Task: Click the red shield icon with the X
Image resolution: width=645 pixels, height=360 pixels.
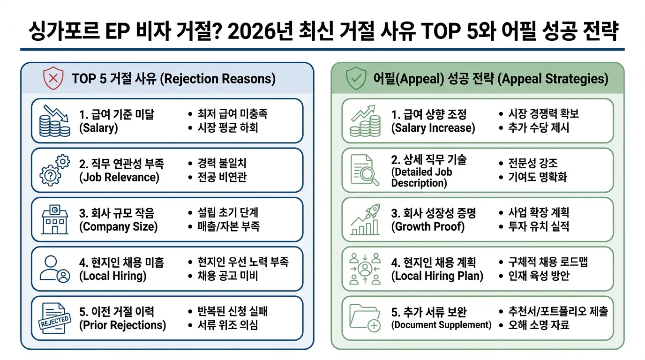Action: coord(53,78)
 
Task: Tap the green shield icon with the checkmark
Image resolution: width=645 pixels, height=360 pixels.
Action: coord(356,78)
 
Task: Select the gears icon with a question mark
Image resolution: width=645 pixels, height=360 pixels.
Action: coord(55,170)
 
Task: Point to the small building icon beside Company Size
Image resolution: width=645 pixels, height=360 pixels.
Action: coord(55,219)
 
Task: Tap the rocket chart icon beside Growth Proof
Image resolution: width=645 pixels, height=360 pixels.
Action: coord(365,219)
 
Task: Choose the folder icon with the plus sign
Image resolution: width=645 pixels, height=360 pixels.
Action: coord(365,318)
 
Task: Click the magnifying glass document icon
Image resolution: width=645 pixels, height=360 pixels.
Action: coord(365,170)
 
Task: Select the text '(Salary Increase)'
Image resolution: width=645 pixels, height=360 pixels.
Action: coord(433,128)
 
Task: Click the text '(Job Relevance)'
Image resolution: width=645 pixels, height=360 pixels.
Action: coord(119,177)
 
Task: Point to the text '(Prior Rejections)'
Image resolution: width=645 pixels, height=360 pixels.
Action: coord(123,325)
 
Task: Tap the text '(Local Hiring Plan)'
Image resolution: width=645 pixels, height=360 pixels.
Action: coord(437,276)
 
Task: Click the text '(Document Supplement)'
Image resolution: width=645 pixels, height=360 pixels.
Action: coord(441,325)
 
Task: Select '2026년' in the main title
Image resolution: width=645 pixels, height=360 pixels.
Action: coord(260,31)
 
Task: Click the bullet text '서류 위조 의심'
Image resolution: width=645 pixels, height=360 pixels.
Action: coord(228,325)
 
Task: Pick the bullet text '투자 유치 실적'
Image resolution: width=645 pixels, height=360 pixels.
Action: coord(539,226)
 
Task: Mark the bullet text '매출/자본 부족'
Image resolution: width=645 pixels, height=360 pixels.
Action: coord(229,226)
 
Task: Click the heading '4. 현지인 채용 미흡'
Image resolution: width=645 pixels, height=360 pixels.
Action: coord(121,262)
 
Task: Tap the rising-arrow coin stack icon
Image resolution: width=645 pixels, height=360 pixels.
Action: coord(365,120)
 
